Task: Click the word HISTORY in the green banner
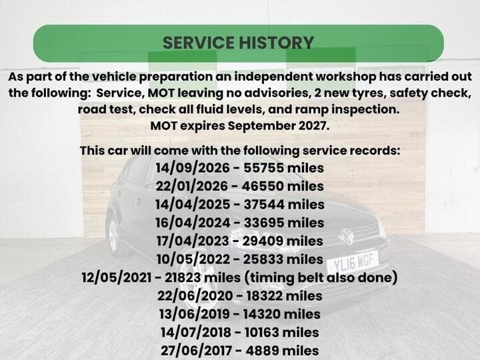coord(277,43)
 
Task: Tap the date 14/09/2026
coord(193,168)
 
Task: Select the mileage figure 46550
coord(263,186)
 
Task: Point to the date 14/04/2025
coord(193,205)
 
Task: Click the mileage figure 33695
coord(264,223)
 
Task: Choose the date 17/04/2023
coord(193,241)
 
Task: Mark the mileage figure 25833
coord(263,259)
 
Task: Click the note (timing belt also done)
coord(321,277)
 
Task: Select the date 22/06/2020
coord(195,296)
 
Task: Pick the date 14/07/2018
coord(196,332)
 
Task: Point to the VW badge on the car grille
coord(347,236)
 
